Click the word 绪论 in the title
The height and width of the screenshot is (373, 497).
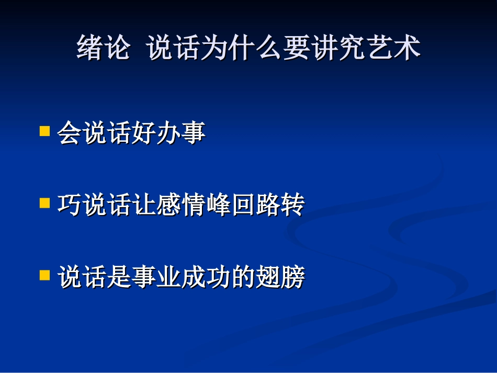pyautogui.click(x=103, y=49)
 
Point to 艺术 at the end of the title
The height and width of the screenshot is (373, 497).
pyautogui.click(x=392, y=49)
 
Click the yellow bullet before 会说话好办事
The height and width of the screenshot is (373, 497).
pyautogui.click(x=44, y=130)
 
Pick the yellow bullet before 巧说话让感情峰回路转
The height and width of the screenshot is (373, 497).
pyautogui.click(x=44, y=202)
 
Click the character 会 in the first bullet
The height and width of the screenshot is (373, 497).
pyautogui.click(x=69, y=133)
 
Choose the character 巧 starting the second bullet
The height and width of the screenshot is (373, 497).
pyautogui.click(x=69, y=205)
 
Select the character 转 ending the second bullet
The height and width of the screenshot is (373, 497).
pyautogui.click(x=291, y=205)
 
